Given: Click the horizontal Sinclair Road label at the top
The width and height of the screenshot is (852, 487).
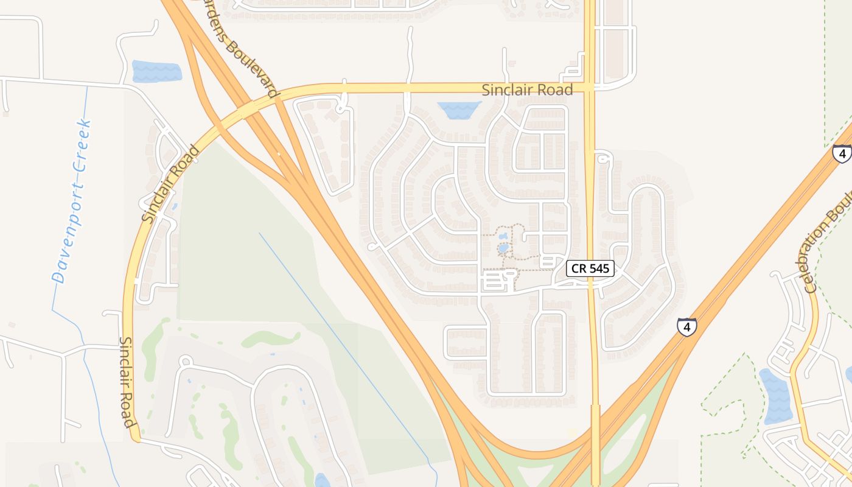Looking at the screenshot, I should click(527, 90).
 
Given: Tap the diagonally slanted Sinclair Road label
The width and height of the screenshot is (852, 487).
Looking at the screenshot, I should click(171, 183).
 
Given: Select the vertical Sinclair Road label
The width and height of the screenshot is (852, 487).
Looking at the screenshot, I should click(127, 382).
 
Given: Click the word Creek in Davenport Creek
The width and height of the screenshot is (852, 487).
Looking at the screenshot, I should click(82, 146).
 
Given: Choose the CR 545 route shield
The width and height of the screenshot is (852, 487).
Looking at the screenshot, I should click(590, 268).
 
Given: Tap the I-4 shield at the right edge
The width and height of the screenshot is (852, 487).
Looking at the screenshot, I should click(842, 153).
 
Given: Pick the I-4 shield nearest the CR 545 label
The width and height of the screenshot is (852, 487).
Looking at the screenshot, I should click(686, 327).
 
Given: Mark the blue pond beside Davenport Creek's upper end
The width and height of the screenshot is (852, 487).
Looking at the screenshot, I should click(156, 71).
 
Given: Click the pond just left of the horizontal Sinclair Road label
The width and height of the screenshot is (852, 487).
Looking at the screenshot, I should click(459, 110).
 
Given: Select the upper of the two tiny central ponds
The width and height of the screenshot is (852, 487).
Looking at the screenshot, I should click(503, 236).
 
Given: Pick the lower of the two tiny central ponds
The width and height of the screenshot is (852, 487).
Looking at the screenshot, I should click(503, 248).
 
